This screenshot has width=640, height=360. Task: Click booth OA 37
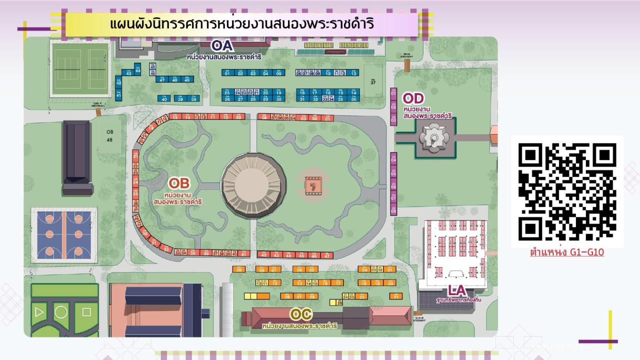point(372,81)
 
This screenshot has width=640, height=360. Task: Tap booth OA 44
point(138,69)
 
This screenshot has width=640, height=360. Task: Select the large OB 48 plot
point(109,135)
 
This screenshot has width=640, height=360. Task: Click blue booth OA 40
point(164,98)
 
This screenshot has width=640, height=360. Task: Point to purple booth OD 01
point(393,92)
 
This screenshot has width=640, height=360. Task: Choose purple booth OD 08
point(393,210)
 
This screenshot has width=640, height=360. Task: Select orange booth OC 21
point(396,296)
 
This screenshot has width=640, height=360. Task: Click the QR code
point(567,191)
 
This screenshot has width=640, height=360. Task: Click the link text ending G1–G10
point(567,252)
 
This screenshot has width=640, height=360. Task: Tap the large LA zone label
point(456,290)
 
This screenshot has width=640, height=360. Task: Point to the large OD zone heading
point(413,98)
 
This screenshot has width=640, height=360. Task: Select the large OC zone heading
point(301,314)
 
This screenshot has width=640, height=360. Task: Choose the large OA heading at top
point(222,45)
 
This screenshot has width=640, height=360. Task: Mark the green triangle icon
point(38,312)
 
